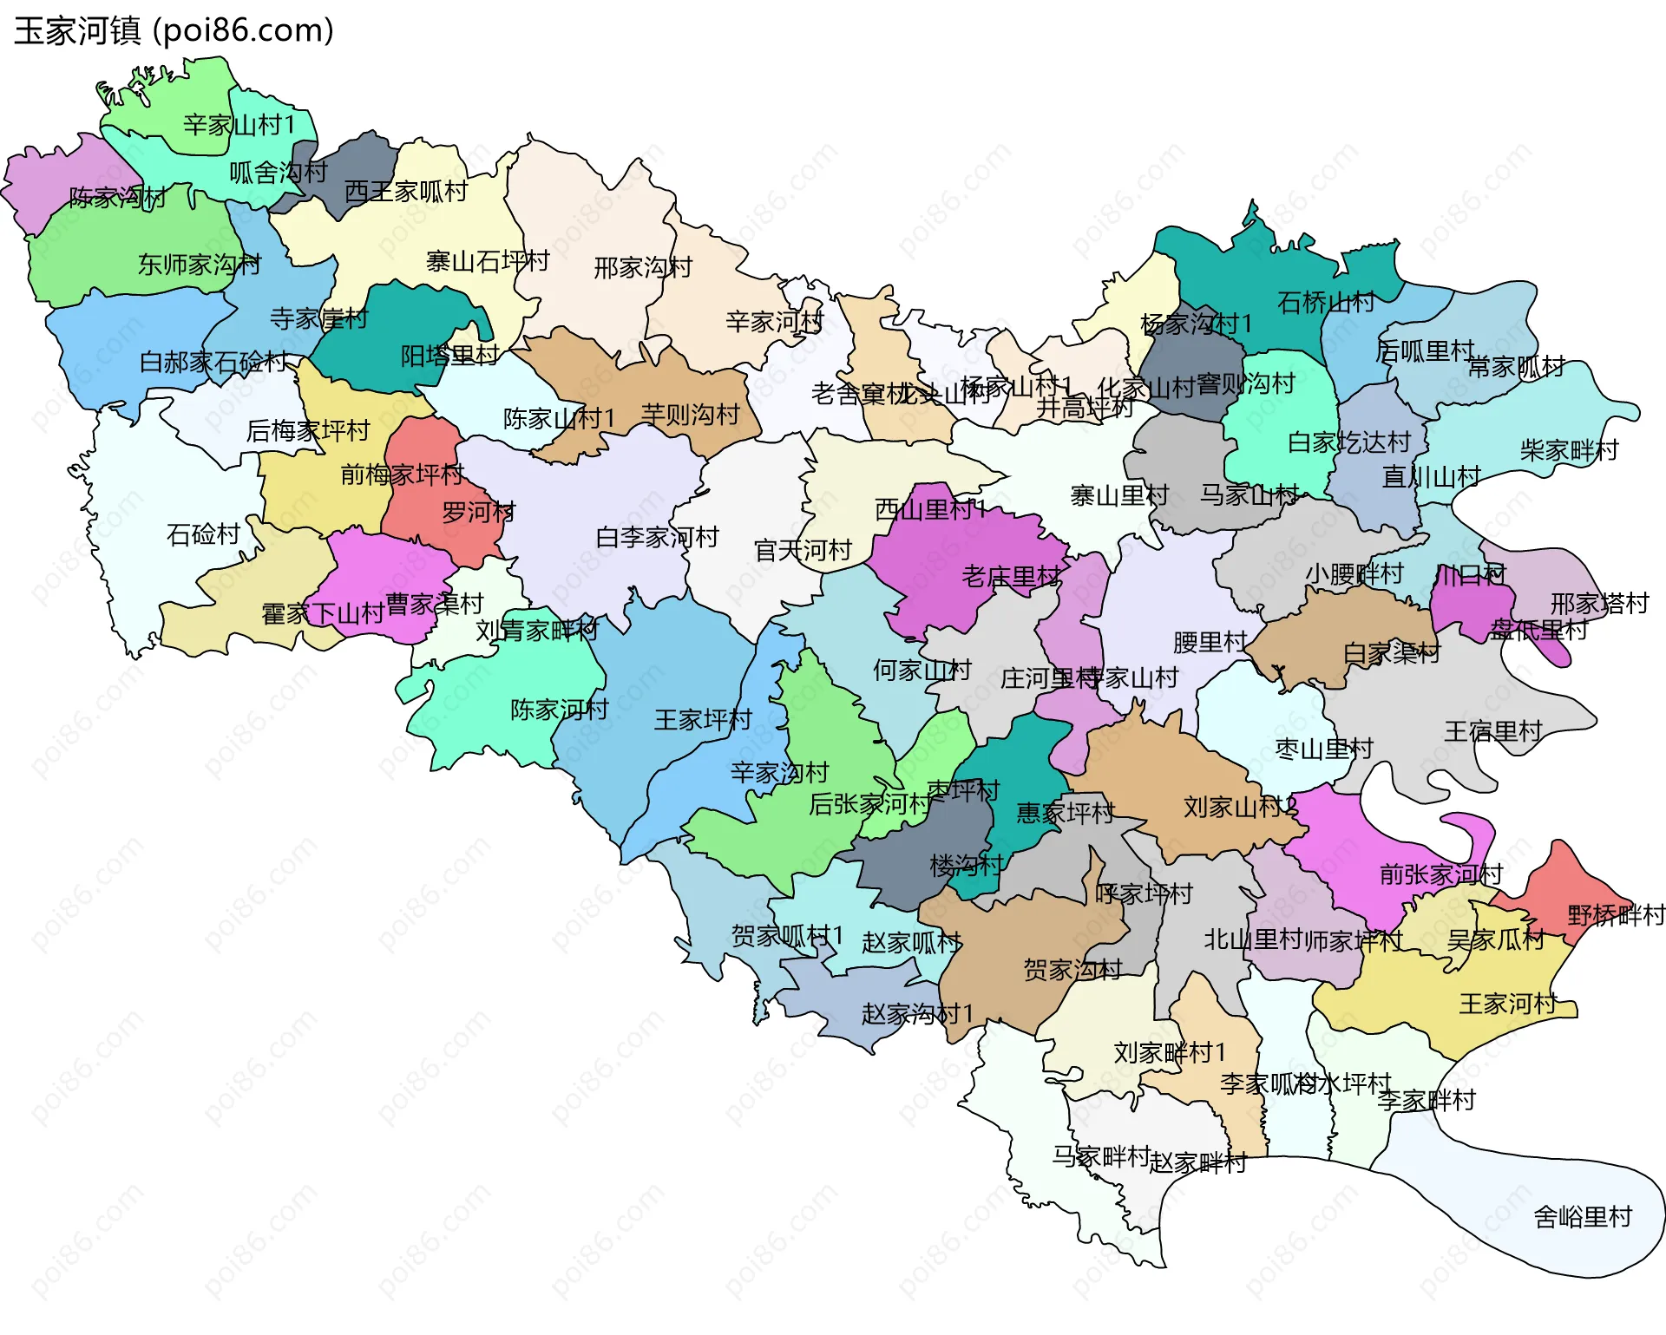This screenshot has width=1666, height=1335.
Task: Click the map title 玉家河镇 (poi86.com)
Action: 174,31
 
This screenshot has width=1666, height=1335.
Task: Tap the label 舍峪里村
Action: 1582,1217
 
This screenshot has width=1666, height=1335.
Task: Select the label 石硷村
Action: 203,534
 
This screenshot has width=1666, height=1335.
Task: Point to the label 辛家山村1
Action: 239,125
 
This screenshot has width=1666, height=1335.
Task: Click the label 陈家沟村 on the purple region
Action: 117,198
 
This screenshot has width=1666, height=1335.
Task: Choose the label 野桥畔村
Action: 1616,915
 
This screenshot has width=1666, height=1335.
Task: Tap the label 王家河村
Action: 1508,1005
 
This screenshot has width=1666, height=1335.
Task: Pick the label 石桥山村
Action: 1325,302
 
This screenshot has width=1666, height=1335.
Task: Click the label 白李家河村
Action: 657,538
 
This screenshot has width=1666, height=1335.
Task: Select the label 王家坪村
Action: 702,720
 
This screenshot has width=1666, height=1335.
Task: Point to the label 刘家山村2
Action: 1240,808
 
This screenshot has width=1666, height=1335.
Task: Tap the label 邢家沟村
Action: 642,267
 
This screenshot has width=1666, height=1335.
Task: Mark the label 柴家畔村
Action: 1569,450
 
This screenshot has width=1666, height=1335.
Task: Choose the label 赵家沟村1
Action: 916,1013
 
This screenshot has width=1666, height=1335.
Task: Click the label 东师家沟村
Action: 199,265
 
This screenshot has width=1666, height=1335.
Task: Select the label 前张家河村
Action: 1440,874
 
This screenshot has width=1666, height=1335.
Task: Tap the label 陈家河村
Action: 559,710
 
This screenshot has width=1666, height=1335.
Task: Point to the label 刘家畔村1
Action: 1169,1053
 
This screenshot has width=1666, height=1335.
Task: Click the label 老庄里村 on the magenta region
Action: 1011,576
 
